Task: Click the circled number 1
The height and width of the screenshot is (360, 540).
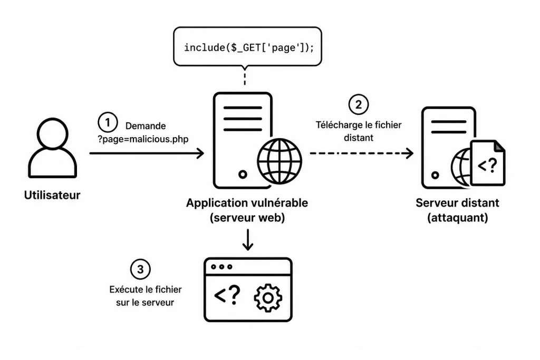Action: [108, 122]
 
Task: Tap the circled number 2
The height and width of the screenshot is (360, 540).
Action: [358, 104]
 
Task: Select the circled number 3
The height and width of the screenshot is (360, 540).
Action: [140, 269]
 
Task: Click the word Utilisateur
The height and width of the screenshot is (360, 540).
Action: [52, 195]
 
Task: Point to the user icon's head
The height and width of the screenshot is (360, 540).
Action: [52, 134]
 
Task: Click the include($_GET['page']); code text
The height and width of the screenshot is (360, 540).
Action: [249, 47]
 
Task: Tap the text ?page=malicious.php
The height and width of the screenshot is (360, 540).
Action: [143, 139]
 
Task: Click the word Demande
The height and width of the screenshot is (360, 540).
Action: [146, 126]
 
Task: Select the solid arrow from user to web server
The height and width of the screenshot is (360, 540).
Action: [147, 153]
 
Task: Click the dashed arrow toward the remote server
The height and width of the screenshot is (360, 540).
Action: [362, 153]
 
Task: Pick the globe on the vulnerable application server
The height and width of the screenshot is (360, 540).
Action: [279, 161]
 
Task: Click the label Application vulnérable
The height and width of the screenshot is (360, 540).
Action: [247, 203]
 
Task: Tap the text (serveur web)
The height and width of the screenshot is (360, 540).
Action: [247, 218]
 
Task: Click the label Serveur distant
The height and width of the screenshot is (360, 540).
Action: [457, 203]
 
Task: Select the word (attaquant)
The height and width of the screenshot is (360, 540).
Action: [458, 218]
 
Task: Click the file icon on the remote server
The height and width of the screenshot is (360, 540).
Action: [488, 163]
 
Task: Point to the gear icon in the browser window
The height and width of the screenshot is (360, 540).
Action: [268, 298]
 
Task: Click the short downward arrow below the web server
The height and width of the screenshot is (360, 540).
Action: [248, 240]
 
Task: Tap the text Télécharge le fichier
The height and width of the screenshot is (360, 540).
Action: [359, 125]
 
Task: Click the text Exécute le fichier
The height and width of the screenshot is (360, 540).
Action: [146, 289]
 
